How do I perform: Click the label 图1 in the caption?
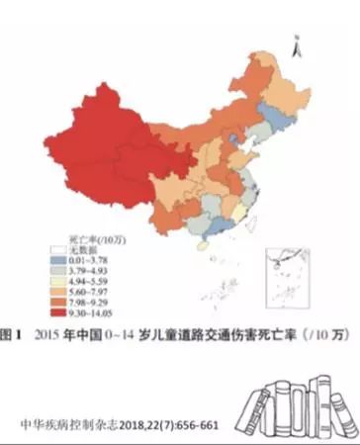(14, 334)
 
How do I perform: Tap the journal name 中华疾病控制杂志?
(68, 426)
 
